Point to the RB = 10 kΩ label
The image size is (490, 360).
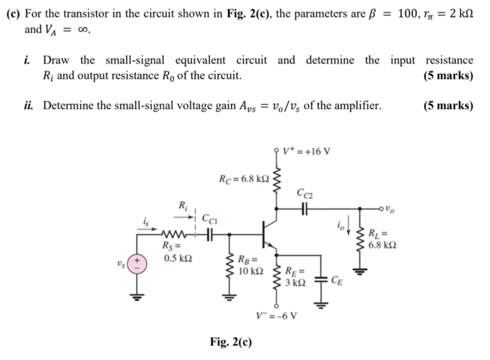point(248,265)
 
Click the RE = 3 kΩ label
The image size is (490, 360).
point(296,274)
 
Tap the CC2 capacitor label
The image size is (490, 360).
point(304,193)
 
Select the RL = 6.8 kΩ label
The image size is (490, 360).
point(380,239)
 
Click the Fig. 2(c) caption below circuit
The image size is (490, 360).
point(231,342)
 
